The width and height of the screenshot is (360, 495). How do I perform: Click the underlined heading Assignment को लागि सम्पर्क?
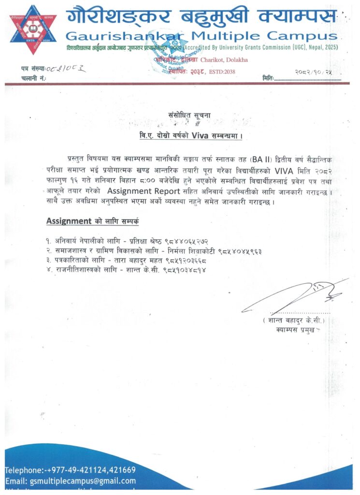coord(92,221)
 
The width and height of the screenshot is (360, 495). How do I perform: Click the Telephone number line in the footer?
coord(71,470)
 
